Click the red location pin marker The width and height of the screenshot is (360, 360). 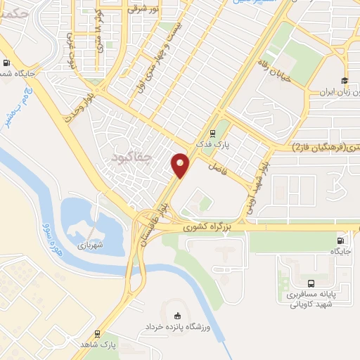(181, 165)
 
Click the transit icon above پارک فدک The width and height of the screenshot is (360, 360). (212, 132)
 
